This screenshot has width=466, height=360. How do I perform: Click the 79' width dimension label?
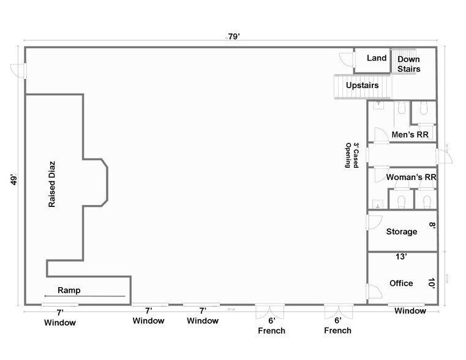point(233,37)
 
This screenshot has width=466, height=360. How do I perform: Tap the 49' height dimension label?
point(13,181)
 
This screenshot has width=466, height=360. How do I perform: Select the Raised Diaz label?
point(52,184)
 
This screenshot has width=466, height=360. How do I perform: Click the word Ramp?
point(69,290)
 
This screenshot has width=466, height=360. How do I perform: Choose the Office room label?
point(401,283)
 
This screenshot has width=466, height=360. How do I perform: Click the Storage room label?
point(402,231)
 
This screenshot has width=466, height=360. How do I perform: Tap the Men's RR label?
point(409,135)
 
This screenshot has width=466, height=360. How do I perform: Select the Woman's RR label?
point(410,178)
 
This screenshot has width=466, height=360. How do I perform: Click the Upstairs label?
point(362,85)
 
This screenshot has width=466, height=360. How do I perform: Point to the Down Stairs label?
point(408,64)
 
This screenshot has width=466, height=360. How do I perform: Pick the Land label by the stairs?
point(377,58)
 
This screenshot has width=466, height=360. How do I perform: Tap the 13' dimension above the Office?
point(401,257)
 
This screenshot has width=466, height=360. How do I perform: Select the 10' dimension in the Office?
point(431,283)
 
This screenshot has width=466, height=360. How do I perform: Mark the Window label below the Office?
point(410,311)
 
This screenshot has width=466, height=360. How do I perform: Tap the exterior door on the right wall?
point(443,157)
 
